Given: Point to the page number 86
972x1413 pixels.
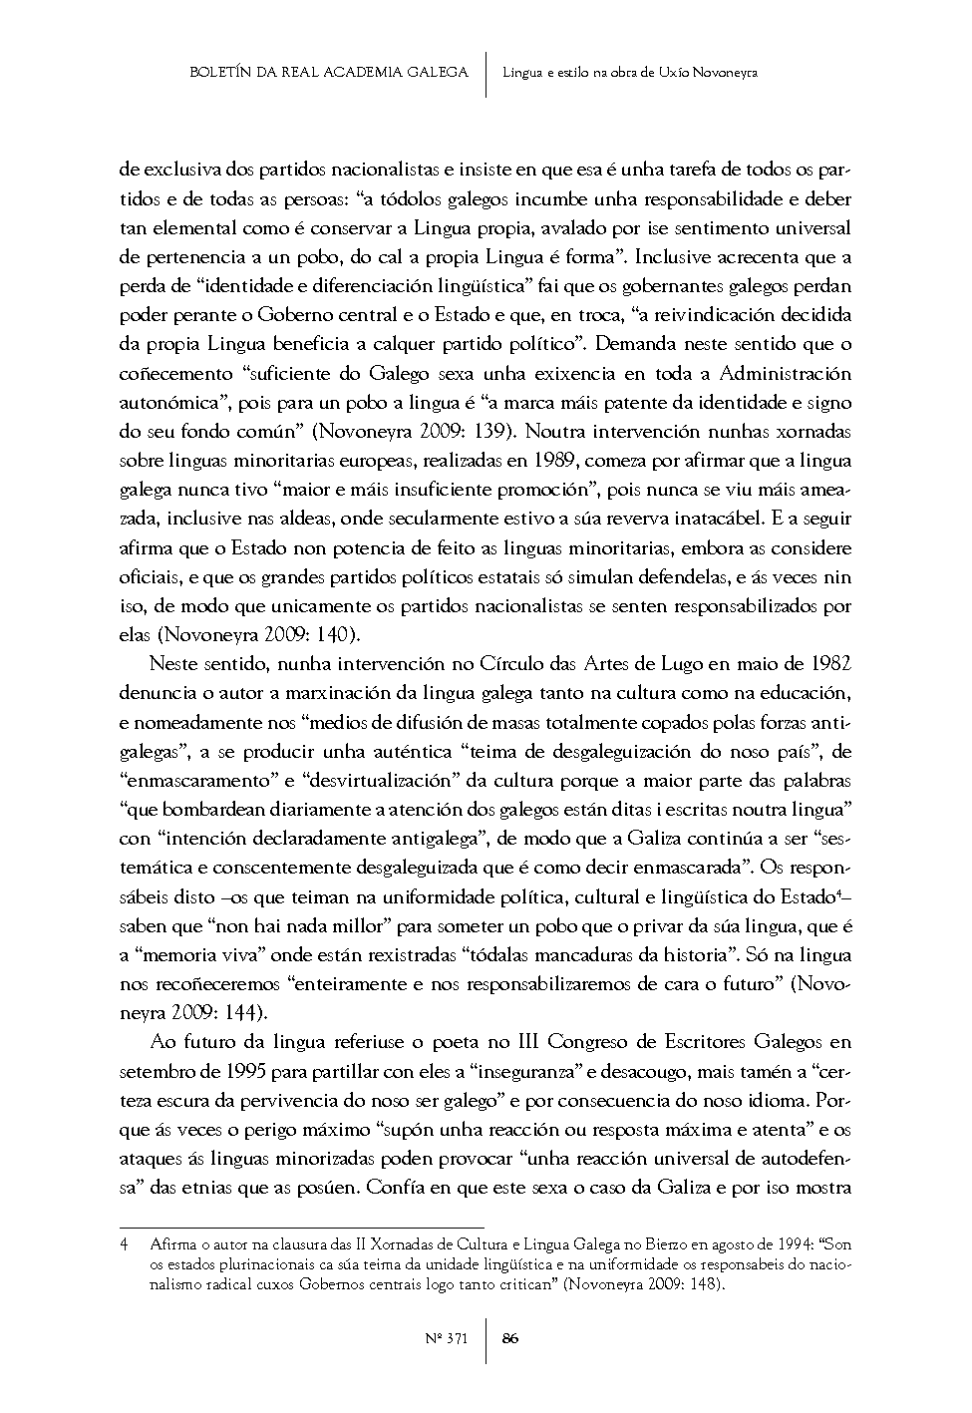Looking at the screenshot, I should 509,1338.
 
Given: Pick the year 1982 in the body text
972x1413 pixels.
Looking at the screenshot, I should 830,664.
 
